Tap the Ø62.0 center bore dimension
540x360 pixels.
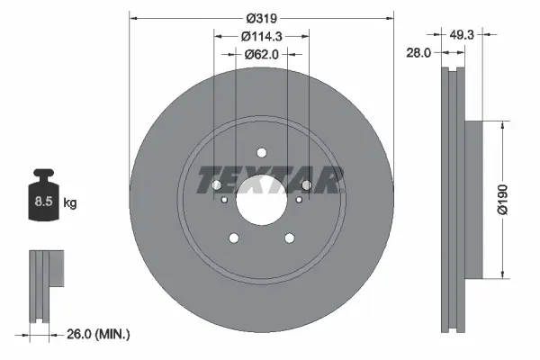(x=261, y=55)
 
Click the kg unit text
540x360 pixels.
(x=70, y=203)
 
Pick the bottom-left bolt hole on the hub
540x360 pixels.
(x=234, y=238)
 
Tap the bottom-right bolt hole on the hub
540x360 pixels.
(x=289, y=238)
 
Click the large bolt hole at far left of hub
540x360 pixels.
(x=217, y=185)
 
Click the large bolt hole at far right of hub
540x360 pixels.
(x=305, y=185)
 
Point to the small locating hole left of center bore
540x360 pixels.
(x=225, y=200)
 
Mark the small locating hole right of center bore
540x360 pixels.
(x=297, y=200)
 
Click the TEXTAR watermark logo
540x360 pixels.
(x=270, y=179)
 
